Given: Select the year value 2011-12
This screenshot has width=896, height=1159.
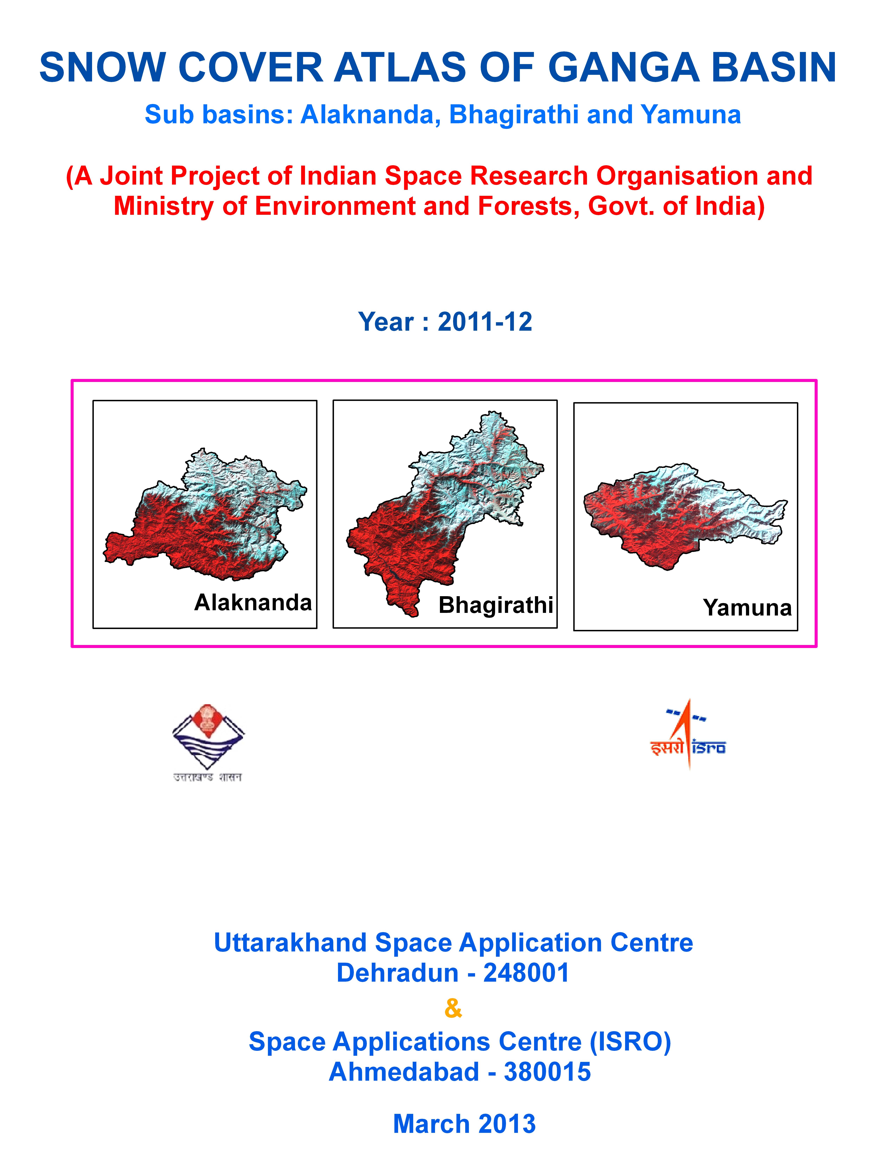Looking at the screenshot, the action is (x=485, y=322).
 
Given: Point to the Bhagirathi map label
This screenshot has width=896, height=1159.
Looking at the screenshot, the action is (x=496, y=605).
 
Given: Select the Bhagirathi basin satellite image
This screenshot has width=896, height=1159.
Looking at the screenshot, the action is (x=445, y=513).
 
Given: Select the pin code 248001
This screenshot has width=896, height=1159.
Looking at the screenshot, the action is (x=526, y=973).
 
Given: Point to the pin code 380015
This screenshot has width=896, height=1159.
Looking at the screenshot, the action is (x=547, y=1071).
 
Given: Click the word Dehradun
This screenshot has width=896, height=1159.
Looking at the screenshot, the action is (x=397, y=973).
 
